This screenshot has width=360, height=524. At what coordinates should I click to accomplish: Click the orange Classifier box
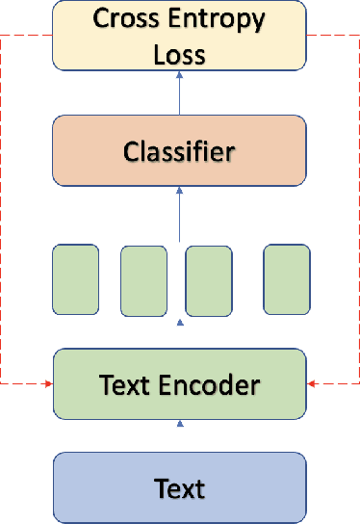(x=179, y=151)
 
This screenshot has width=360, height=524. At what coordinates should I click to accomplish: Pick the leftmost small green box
(x=75, y=279)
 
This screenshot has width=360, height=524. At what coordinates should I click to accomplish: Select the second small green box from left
(x=144, y=280)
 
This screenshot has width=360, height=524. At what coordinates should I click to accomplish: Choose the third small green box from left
(x=209, y=280)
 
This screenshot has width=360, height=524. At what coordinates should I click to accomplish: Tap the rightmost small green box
(x=287, y=279)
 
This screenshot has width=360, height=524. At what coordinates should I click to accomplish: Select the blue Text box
(x=179, y=488)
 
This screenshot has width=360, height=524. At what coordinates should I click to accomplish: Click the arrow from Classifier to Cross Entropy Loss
(x=179, y=93)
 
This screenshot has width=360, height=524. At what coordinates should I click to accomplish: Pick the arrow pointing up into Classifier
(x=179, y=214)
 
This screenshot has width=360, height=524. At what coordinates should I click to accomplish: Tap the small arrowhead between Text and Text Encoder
(x=179, y=424)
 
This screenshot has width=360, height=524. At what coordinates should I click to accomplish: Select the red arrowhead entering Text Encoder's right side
(x=312, y=384)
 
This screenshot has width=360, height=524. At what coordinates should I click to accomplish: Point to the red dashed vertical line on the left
(x=3, y=212)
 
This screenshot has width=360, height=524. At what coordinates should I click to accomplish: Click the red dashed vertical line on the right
(x=357, y=212)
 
